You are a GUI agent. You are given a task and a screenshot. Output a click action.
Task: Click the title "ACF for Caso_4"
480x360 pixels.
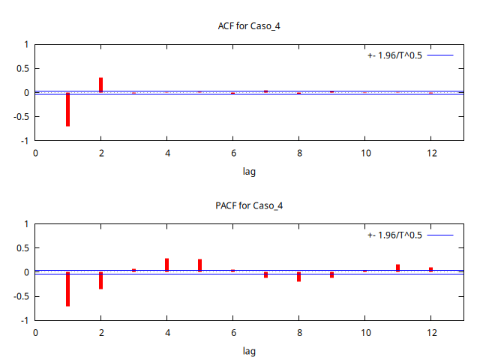(249, 26)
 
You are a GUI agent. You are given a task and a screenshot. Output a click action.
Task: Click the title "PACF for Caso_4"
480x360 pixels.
(249, 205)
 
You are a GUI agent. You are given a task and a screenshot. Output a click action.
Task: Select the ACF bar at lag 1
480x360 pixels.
(67, 109)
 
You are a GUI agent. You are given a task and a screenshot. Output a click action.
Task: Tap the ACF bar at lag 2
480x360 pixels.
(100, 85)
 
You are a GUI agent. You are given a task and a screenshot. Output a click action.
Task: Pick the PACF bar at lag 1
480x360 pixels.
(67, 289)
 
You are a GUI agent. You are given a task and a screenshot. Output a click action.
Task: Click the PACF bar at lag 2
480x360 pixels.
(100, 280)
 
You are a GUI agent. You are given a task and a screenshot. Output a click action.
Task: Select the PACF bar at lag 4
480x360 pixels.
(166, 265)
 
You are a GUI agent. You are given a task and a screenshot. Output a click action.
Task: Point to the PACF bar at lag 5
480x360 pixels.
(199, 265)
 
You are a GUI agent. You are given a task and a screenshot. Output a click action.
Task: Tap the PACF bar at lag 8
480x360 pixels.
(298, 277)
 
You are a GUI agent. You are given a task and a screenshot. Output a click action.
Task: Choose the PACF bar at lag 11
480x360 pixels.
(397, 268)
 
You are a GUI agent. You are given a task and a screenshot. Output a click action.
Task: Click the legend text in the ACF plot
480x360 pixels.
(394, 55)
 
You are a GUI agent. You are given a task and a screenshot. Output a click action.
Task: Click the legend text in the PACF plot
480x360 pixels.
(394, 235)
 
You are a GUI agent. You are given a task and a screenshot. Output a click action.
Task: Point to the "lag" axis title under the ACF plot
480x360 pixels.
(249, 172)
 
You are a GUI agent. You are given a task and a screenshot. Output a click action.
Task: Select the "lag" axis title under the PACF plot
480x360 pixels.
(249, 351)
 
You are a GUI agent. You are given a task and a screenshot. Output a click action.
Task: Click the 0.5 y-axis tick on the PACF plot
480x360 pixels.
(22, 248)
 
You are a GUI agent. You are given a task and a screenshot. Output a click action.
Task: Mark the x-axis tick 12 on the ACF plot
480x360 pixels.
(430, 153)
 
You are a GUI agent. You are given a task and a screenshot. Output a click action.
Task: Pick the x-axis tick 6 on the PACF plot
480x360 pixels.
(232, 332)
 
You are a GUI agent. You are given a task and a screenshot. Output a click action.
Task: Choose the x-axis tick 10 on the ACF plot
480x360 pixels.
(364, 153)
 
